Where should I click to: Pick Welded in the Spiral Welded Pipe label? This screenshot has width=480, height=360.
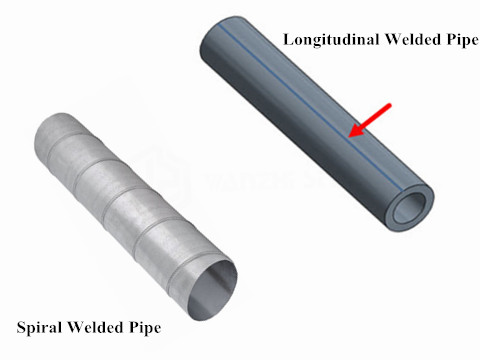click(97, 327)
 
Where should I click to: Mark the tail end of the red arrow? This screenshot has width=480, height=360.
click(393, 101)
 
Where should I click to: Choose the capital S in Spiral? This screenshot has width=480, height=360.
click(21, 327)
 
